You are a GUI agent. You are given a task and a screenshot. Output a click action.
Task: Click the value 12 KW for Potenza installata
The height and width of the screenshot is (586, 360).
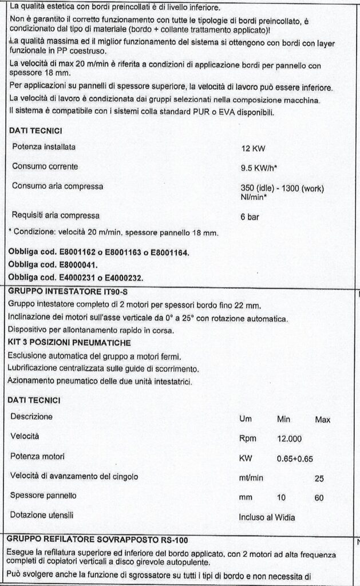click(253, 148)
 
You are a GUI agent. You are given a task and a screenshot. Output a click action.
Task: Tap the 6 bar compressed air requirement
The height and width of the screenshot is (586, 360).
click(251, 217)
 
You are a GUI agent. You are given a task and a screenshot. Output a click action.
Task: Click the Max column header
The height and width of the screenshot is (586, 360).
click(323, 419)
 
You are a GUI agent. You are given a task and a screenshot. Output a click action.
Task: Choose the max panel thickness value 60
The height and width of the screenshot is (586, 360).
click(319, 498)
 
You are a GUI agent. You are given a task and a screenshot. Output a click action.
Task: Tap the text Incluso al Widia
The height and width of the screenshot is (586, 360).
click(267, 518)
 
